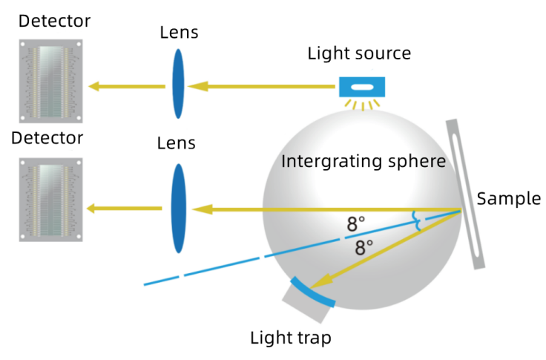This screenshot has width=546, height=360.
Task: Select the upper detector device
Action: [x=51, y=79]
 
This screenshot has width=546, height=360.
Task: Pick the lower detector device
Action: [x=51, y=199]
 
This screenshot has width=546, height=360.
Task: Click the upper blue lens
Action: [x=178, y=83]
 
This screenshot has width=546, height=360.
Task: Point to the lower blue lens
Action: [x=178, y=209]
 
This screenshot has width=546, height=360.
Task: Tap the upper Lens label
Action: [x=178, y=33]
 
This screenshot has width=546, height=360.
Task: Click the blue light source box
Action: [x=362, y=87]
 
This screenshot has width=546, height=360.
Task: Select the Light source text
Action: [x=360, y=53]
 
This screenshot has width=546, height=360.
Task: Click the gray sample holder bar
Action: [x=466, y=193]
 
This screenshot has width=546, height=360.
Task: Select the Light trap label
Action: [x=290, y=338]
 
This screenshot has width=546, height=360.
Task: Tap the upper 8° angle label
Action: [x=356, y=223]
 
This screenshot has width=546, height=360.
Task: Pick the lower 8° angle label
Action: [x=364, y=247]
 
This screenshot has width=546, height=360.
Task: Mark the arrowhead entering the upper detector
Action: [x=95, y=87]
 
